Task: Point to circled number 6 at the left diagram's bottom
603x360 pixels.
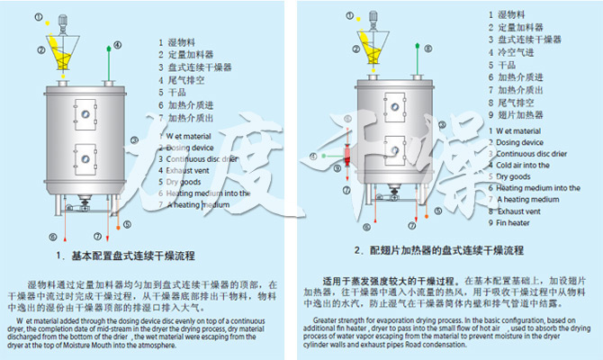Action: pos(52,237)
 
